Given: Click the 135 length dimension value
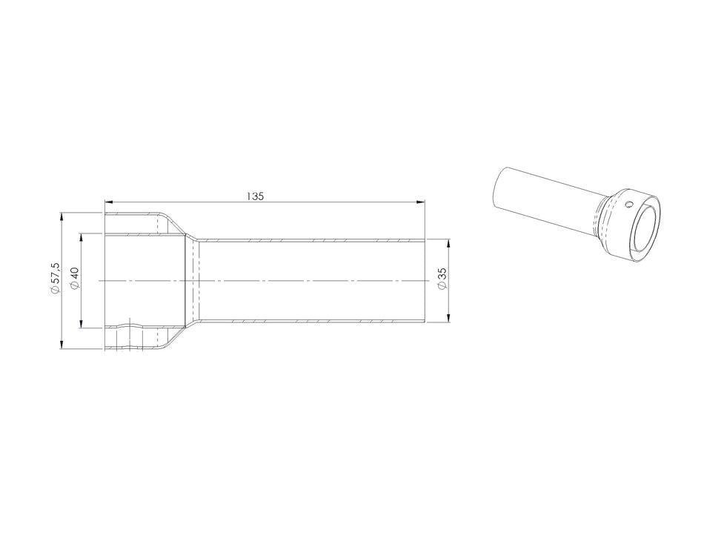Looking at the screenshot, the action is [255, 196].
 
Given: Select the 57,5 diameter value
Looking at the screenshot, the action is [55, 274].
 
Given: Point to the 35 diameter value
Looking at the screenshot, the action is [442, 273].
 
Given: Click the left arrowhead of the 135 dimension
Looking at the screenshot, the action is [109, 202].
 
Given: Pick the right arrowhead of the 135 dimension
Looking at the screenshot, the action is [420, 202].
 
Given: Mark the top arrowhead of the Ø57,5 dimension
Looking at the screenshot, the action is [62, 217].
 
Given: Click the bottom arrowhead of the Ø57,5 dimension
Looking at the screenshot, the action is [62, 345].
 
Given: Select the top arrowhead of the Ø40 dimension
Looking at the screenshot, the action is [81, 238].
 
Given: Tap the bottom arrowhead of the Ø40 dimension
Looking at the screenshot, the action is [81, 323].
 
